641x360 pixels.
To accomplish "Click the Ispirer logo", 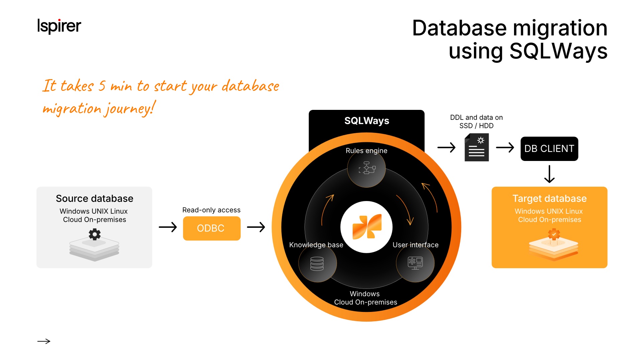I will click(59, 26).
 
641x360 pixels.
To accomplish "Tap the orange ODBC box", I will click(212, 228).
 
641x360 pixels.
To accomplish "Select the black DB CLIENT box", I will click(549, 149).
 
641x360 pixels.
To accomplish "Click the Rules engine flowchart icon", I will click(367, 168).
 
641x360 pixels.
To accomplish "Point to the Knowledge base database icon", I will click(317, 263).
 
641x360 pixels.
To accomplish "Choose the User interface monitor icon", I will click(415, 263).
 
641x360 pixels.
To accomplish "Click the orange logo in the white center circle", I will click(367, 227).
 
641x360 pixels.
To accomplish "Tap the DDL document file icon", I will click(477, 147).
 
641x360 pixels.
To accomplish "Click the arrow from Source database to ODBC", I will click(167, 227).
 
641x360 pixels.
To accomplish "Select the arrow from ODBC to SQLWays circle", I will click(256, 227).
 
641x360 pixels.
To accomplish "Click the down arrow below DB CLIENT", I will click(549, 174).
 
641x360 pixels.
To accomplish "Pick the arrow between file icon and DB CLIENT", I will click(505, 147).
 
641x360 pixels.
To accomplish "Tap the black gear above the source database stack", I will click(95, 234).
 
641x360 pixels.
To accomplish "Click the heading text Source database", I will click(95, 198).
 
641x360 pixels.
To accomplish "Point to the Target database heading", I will click(549, 198).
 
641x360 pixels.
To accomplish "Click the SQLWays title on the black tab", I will click(367, 121).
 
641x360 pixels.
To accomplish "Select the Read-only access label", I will click(211, 210).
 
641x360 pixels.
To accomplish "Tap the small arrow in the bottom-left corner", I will click(44, 341).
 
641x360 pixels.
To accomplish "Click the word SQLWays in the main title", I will click(558, 51).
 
